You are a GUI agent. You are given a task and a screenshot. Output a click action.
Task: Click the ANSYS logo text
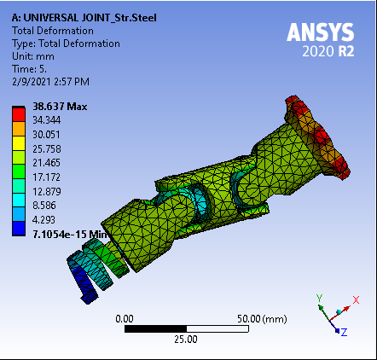[320, 33]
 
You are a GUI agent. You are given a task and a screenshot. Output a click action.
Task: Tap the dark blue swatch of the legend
[18, 226]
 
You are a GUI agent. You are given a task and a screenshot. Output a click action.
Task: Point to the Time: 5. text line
[32, 68]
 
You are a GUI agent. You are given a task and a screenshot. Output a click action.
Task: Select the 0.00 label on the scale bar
[125, 317]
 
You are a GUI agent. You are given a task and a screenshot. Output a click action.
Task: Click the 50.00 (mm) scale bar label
[263, 317]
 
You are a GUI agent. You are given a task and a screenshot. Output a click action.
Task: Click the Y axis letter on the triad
[317, 298]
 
